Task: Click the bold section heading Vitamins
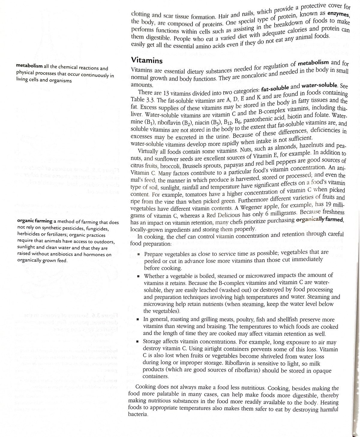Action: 147,60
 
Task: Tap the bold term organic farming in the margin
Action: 35,222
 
